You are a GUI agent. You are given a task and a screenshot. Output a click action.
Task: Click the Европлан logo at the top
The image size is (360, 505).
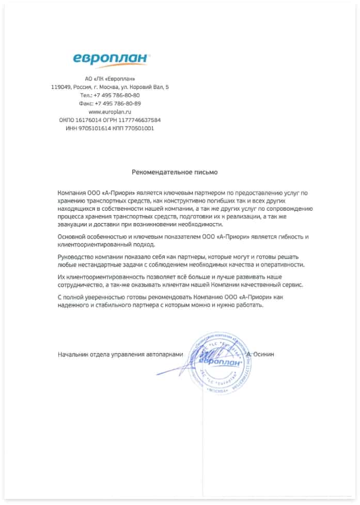(x=110, y=58)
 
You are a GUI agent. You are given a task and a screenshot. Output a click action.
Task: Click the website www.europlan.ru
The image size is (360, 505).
(x=110, y=112)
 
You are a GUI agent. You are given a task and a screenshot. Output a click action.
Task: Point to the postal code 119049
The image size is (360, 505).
(x=61, y=87)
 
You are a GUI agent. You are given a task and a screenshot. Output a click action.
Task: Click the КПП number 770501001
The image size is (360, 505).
(x=139, y=128)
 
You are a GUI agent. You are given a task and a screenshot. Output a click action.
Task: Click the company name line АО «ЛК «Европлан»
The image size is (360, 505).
(x=110, y=79)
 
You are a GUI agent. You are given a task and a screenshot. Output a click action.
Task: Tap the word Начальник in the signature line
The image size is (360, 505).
(x=74, y=354)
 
